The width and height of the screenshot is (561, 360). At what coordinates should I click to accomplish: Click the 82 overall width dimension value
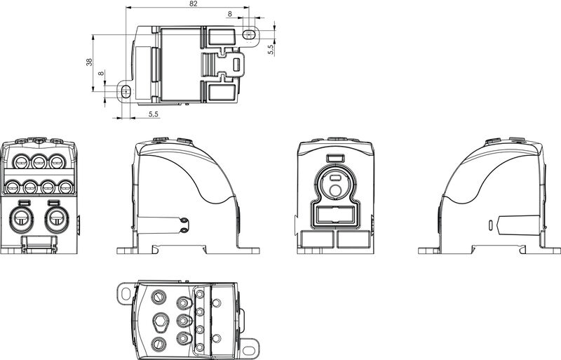coord(194,4)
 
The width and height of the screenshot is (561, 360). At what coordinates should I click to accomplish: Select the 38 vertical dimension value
coord(89,62)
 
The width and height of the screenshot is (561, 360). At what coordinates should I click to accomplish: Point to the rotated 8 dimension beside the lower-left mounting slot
coord(101,73)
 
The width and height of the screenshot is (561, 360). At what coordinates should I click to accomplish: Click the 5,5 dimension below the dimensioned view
coord(154,113)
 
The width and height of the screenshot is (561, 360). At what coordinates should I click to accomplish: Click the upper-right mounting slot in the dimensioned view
coord(248,33)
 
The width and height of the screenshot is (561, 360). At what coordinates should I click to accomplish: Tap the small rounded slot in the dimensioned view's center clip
coord(236,65)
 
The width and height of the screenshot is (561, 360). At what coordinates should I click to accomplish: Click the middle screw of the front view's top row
coord(39,163)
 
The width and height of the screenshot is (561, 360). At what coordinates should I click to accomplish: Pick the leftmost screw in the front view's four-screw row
coord(13,187)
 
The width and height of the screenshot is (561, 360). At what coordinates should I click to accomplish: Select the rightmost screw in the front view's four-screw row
coord(65,187)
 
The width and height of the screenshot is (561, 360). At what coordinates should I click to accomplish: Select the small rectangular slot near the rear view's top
coord(336,159)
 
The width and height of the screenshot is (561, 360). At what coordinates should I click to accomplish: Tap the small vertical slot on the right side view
coord(489,225)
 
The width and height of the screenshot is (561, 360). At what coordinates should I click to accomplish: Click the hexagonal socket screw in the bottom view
coord(159,323)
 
